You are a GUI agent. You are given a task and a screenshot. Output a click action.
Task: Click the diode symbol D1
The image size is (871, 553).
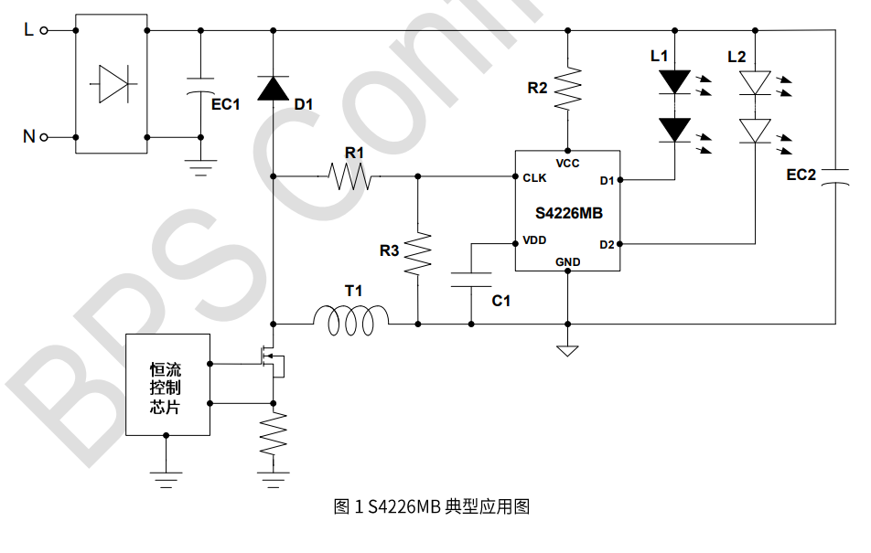click(273, 88)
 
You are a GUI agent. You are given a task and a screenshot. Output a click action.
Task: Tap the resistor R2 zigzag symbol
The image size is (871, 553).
click(568, 87)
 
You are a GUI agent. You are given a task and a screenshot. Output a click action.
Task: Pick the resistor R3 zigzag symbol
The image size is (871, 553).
click(417, 253)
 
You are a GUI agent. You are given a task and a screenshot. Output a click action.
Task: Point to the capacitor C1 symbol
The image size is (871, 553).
click(472, 280)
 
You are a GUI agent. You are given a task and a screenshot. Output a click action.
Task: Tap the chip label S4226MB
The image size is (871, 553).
click(568, 213)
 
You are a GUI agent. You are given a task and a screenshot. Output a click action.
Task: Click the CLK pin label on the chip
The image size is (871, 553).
click(535, 178)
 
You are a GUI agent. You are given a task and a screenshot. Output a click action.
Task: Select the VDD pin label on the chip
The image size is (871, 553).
click(535, 241)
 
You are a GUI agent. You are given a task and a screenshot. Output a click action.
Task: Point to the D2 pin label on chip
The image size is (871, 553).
click(607, 244)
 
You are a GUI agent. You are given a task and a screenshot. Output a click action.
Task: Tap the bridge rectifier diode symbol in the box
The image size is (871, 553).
click(112, 84)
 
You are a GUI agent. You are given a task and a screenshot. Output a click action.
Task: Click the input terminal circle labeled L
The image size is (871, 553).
click(44, 30)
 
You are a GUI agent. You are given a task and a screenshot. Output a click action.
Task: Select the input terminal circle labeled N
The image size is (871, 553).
click(44, 137)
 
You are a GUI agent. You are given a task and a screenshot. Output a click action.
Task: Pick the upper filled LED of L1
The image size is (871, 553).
click(675, 82)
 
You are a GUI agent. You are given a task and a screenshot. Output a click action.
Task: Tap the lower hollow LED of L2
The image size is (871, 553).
click(755, 131)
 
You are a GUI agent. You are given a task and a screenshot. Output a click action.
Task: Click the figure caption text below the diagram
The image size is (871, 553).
click(433, 505)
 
